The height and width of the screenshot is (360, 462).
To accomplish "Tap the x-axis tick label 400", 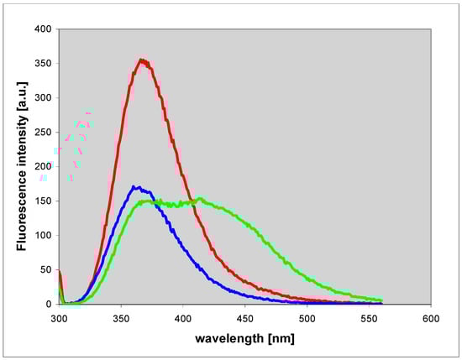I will (183, 319).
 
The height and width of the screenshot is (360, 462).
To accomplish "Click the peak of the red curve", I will (143, 60).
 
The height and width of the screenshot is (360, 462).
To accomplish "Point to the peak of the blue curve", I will (136, 187).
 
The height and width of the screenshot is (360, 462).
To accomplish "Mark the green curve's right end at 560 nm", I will (382, 300).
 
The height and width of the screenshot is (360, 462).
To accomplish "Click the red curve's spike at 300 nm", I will (60, 273).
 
